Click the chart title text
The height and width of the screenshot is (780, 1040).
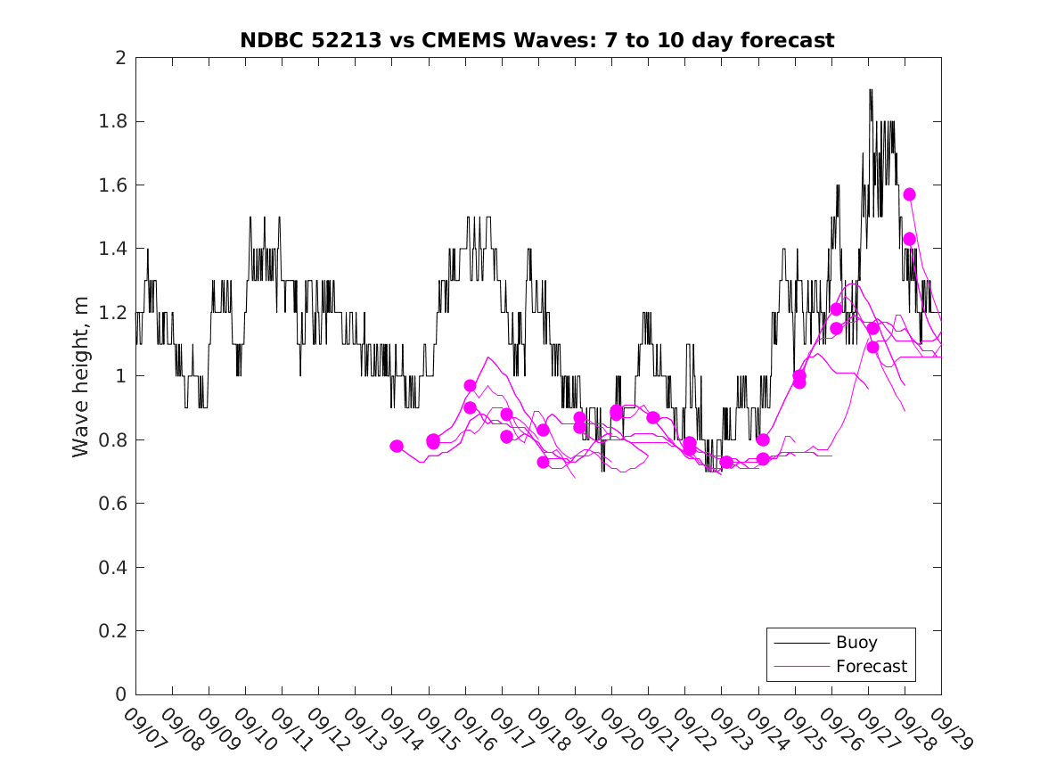click(537, 40)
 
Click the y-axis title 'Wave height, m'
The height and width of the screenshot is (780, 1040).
click(81, 377)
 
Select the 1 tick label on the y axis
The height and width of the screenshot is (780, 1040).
click(119, 376)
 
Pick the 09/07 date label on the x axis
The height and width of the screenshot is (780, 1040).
click(143, 730)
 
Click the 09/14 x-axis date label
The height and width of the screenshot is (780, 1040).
click(399, 730)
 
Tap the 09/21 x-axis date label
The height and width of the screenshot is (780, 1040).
click(656, 730)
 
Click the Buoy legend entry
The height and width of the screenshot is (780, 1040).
click(856, 642)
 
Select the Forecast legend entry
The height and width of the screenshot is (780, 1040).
click(871, 666)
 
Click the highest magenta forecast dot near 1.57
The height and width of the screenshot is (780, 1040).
click(909, 194)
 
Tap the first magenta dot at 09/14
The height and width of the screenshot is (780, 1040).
click(397, 446)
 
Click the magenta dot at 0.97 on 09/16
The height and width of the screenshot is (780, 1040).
click(470, 386)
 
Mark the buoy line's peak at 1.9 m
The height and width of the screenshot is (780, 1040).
click(871, 90)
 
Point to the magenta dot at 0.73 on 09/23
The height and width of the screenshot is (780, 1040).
click(726, 462)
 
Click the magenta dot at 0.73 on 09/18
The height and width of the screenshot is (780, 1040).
click(543, 462)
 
